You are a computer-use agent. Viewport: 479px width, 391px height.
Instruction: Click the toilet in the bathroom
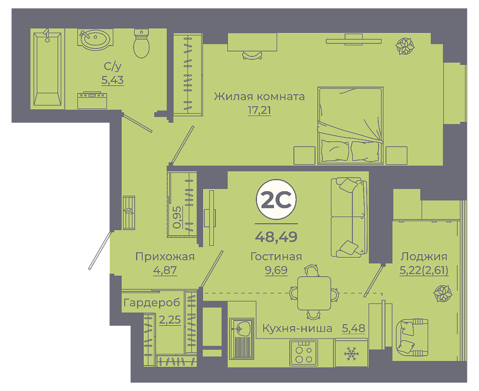[141, 43]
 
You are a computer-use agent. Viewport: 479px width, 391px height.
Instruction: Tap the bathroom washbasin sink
[95, 39]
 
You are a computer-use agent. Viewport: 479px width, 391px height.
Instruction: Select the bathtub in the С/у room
[47, 69]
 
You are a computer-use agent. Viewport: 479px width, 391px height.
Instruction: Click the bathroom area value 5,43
[112, 80]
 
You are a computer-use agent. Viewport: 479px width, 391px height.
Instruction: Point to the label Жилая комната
[259, 96]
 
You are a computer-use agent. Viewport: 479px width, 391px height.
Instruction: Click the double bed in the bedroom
[350, 125]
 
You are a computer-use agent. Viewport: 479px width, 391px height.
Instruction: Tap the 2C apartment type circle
[276, 199]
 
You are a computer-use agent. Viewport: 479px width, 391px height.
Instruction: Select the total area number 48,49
[276, 237]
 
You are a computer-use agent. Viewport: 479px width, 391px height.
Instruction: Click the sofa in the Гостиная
[349, 217]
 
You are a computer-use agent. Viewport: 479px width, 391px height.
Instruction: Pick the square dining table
[314, 293]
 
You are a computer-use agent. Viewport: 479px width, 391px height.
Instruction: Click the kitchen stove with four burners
[304, 353]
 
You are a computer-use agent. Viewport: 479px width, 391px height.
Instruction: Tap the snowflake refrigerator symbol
[351, 354]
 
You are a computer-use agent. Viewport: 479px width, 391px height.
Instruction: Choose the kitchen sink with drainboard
[241, 338]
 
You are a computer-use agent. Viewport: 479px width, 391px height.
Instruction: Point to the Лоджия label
[424, 257]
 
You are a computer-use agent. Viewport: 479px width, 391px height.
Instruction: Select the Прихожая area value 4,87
[165, 270]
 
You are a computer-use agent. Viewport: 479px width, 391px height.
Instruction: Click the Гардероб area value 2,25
[170, 320]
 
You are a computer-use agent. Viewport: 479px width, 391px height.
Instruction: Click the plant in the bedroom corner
[405, 46]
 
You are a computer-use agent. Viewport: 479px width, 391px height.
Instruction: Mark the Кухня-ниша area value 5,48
[353, 328]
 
